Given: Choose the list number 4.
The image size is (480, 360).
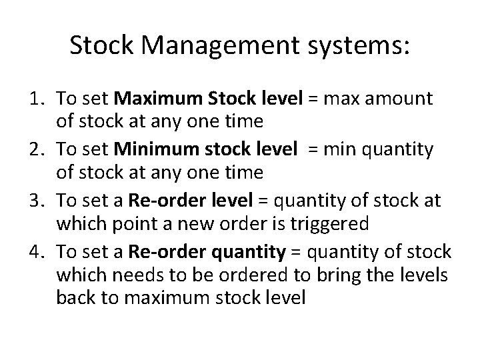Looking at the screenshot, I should pyautogui.click(x=37, y=253).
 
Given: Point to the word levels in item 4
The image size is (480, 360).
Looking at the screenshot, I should pyautogui.click(x=427, y=274).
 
